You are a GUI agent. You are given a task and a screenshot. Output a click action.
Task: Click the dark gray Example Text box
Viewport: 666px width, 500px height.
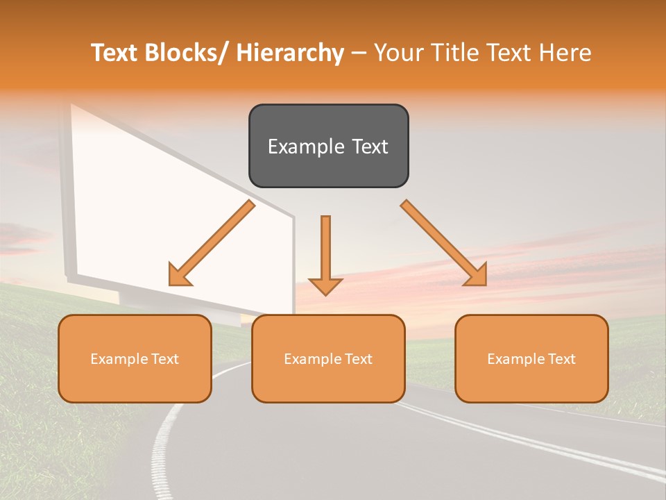pos(328,146)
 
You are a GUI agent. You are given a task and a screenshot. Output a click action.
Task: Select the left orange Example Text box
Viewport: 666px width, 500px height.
pos(135,358)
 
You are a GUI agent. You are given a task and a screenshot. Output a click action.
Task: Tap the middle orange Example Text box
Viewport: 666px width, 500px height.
pos(328,358)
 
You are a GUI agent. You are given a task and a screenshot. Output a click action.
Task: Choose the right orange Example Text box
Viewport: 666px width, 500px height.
pos(531,358)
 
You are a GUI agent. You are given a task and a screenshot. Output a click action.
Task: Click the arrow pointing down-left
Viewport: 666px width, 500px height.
pos(212,243)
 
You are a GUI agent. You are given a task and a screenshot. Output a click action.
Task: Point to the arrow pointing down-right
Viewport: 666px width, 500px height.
pos(443,242)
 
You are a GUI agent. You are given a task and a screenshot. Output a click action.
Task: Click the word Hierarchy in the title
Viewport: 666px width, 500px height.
pos(290,53)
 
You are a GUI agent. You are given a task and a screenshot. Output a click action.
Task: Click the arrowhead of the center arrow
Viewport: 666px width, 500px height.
pos(325,286)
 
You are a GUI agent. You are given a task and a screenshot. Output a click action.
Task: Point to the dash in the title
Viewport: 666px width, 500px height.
pos(359,53)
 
